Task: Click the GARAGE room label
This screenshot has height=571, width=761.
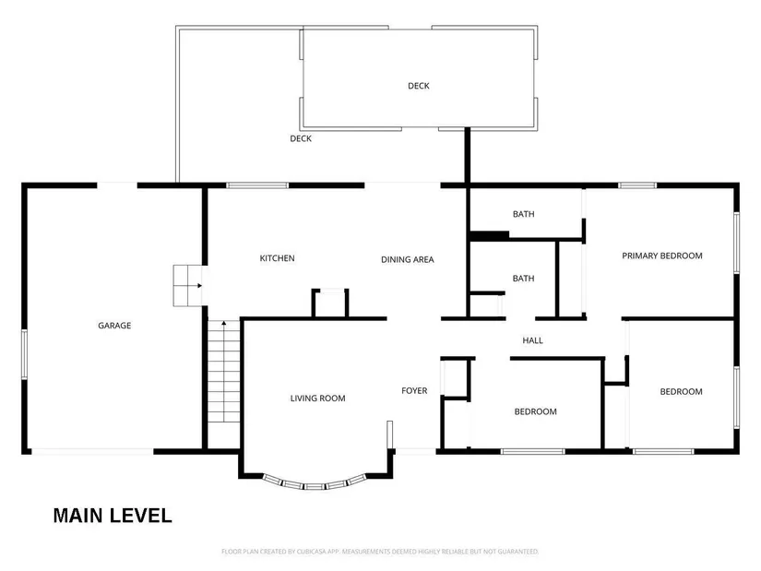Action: click(x=114, y=326)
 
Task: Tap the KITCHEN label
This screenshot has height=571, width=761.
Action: click(x=277, y=258)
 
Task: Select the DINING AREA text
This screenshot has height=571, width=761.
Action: click(x=407, y=260)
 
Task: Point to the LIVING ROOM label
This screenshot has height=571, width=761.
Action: click(x=318, y=399)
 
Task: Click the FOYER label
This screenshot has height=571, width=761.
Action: click(x=414, y=390)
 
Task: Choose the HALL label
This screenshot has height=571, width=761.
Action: click(x=532, y=340)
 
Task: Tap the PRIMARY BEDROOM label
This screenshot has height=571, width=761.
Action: click(x=662, y=256)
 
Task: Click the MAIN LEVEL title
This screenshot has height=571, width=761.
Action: click(x=113, y=516)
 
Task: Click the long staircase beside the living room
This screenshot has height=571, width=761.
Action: click(x=224, y=372)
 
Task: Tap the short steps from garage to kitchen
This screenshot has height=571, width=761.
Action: click(x=188, y=286)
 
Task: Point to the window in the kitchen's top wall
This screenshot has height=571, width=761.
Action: click(x=257, y=185)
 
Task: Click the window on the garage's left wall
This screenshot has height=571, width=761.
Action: click(x=24, y=354)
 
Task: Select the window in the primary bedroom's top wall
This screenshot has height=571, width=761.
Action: click(x=637, y=185)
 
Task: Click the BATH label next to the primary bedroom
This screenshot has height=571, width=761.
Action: click(x=524, y=214)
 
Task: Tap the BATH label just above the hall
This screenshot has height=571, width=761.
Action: click(x=524, y=279)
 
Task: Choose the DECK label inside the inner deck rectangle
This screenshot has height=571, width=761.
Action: click(x=419, y=86)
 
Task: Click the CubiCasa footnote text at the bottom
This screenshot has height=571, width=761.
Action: click(x=380, y=552)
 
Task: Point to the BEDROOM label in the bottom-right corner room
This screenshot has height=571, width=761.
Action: click(x=681, y=392)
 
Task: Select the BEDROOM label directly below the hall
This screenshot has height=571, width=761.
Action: click(x=535, y=411)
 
